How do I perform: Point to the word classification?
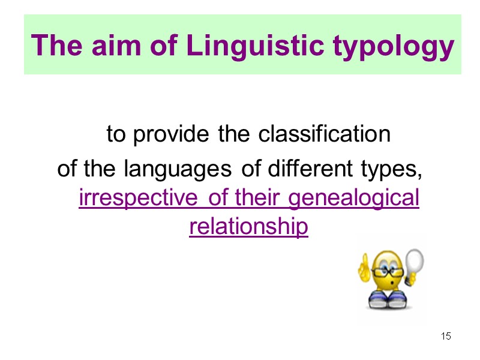(324, 135)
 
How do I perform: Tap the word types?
(386, 170)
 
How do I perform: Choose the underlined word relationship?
(248, 227)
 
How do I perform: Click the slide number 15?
(446, 336)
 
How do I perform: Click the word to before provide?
(116, 136)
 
